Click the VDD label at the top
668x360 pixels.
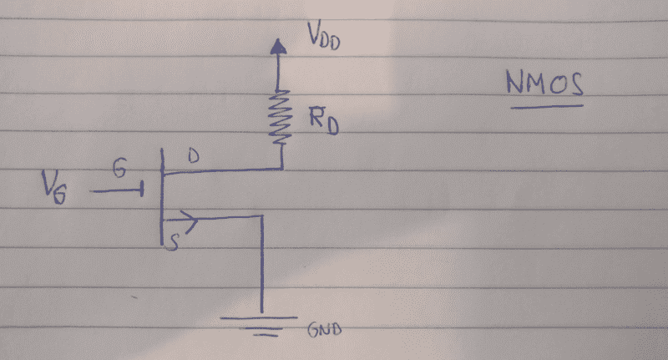pyautogui.click(x=322, y=38)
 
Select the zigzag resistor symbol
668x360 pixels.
pyautogui.click(x=281, y=117)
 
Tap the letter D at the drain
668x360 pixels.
pyautogui.click(x=193, y=156)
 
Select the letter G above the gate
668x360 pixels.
pyautogui.click(x=121, y=170)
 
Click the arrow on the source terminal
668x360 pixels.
pyautogui.click(x=189, y=221)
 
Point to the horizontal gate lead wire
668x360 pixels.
pyautogui.click(x=115, y=191)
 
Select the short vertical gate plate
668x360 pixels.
pyautogui.click(x=144, y=191)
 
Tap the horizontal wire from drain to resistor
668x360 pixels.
pyautogui.click(x=222, y=170)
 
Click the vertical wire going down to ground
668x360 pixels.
pyautogui.click(x=262, y=267)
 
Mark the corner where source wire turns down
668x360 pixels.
pyautogui.click(x=262, y=216)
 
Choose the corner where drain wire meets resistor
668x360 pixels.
pyautogui.click(x=282, y=169)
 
